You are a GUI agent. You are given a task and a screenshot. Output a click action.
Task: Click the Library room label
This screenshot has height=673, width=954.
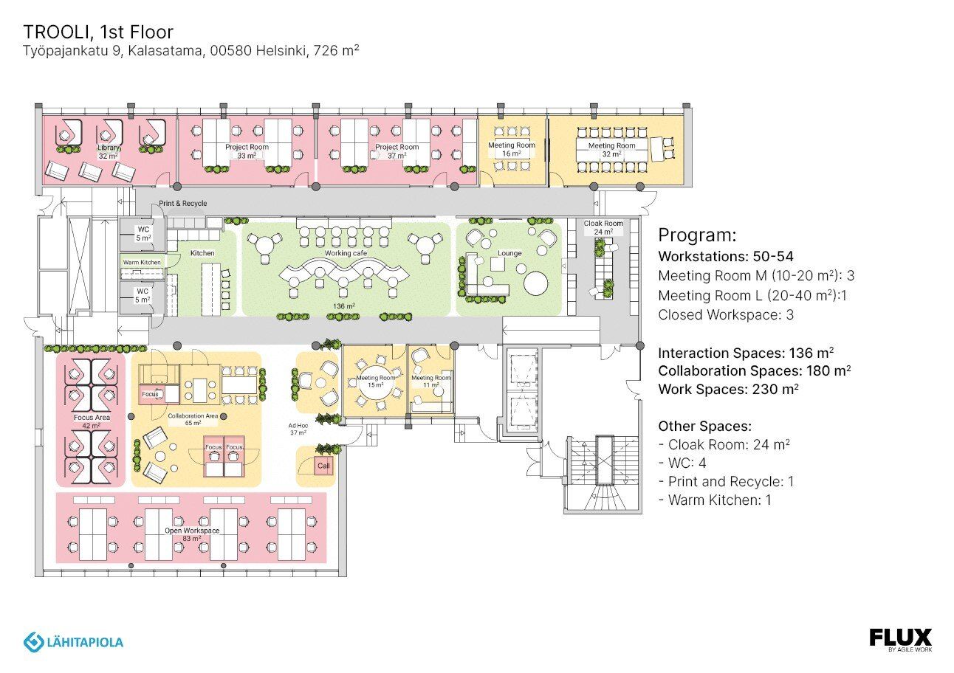click(x=109, y=148)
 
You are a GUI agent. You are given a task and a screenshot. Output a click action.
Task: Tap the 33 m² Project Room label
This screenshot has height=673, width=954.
click(x=247, y=147)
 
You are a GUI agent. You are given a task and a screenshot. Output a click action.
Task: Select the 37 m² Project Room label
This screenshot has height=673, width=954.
click(x=397, y=147)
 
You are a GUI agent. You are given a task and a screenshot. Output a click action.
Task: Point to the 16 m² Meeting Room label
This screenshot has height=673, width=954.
click(x=512, y=145)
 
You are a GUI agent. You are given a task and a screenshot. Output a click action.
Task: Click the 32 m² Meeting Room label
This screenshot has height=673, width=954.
click(x=611, y=146)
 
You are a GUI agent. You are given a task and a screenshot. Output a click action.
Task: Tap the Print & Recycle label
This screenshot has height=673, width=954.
click(x=182, y=204)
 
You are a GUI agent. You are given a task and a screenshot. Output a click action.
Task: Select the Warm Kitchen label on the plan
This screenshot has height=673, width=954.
click(x=142, y=262)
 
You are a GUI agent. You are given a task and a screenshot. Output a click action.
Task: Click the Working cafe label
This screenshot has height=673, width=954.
click(x=346, y=253)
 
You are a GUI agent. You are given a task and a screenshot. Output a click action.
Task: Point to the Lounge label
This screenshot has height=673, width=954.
click(x=509, y=253)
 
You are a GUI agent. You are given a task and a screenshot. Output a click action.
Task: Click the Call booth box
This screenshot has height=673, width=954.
click(x=323, y=466)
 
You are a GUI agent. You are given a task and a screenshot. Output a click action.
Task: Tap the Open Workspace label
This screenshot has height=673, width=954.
click(x=191, y=531)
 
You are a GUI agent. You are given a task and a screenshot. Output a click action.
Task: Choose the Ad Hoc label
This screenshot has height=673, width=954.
click(x=298, y=426)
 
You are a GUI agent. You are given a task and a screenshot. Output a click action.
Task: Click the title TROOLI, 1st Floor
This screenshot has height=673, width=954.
click(x=98, y=32)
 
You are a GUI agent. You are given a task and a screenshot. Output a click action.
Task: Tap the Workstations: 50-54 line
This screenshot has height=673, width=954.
click(x=725, y=258)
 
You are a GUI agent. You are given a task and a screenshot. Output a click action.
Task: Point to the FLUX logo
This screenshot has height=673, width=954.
click(x=900, y=638)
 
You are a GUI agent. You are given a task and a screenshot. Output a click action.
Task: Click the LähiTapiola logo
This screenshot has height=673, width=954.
click(x=73, y=642)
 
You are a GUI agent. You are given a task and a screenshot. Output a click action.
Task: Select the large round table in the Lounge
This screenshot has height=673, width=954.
click(x=536, y=283)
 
